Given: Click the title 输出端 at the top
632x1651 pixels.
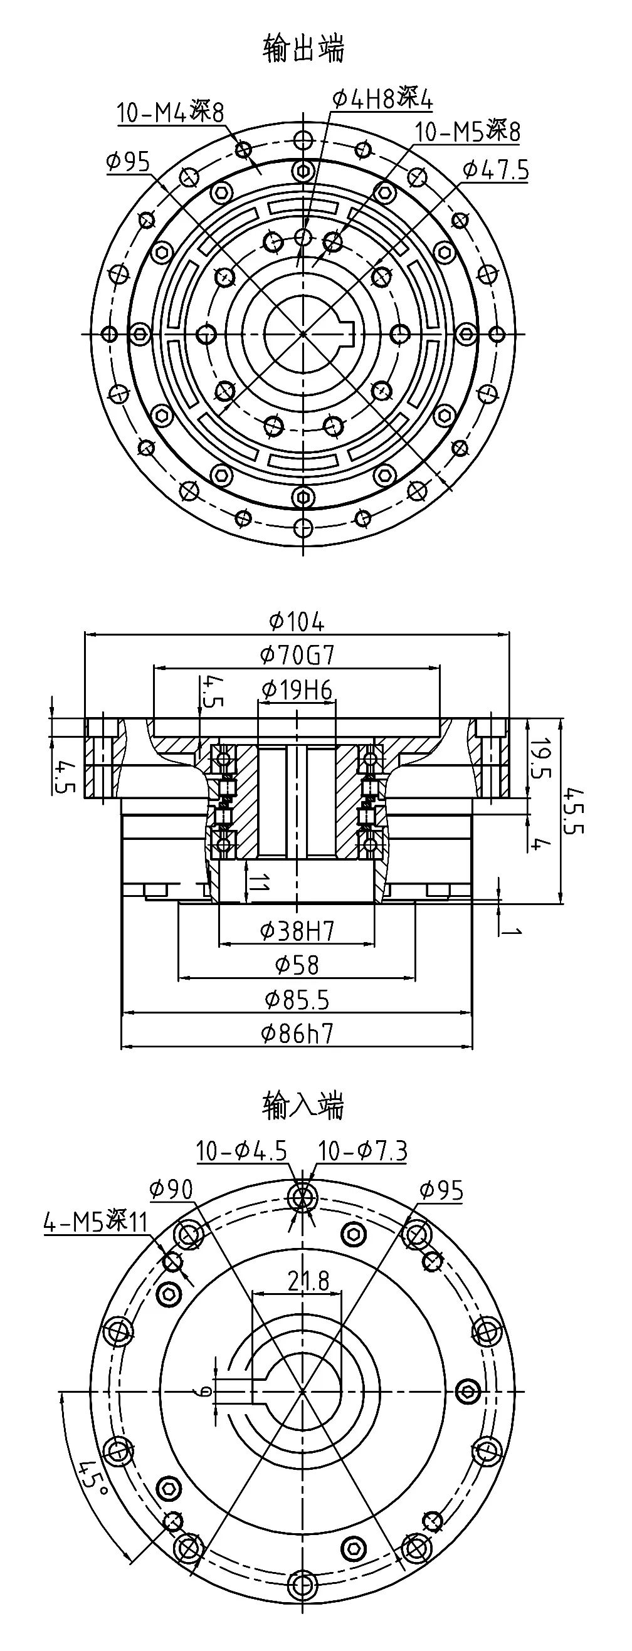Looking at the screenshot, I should tap(303, 50).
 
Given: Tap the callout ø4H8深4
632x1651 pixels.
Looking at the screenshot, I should tap(382, 98).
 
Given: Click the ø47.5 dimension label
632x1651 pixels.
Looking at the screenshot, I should tap(496, 170).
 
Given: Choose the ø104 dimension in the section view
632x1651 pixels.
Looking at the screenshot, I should tap(297, 621).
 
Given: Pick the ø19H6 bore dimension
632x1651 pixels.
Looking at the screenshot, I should tap(297, 689).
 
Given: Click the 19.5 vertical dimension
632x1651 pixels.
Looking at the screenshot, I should tap(542, 758).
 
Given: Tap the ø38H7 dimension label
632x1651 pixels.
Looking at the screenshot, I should tap(297, 931).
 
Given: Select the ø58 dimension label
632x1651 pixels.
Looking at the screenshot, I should tap(297, 964).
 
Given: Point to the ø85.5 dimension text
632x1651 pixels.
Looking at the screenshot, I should tap(297, 998).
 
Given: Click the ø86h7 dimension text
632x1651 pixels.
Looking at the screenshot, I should tap(297, 1032).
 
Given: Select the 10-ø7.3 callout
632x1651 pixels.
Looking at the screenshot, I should tap(362, 1151).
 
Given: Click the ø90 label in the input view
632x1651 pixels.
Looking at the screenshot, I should tap(171, 1190).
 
